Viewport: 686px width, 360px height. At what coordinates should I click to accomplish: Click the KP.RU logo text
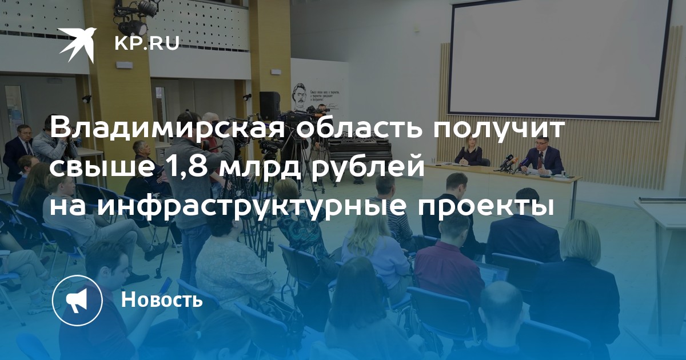click(147, 43)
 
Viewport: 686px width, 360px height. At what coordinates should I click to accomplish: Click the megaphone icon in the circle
click(77, 301)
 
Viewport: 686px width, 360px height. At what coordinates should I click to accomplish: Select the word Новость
click(162, 299)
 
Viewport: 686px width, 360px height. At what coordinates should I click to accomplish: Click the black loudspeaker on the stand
click(270, 106)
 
